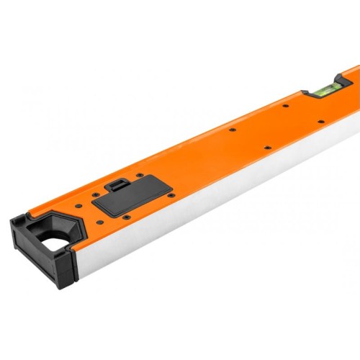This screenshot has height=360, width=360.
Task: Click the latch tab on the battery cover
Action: click(117, 184)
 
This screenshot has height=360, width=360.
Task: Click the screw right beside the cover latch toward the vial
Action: click(140, 174)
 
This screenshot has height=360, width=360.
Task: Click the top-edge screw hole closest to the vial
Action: click(286, 106)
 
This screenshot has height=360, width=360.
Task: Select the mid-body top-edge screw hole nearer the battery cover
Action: click(232, 130)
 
